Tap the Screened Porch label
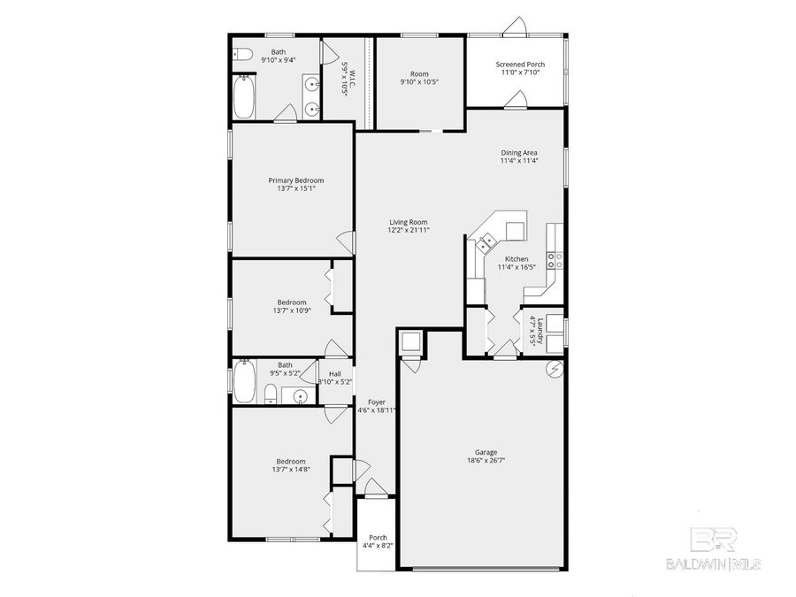[x=519, y=64]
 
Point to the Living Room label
[x=408, y=222]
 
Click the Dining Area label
[x=519, y=152]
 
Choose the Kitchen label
[x=512, y=259]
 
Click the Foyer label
[x=377, y=402]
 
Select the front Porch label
[x=378, y=537]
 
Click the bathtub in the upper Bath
[x=245, y=97]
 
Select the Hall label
[x=334, y=373]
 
